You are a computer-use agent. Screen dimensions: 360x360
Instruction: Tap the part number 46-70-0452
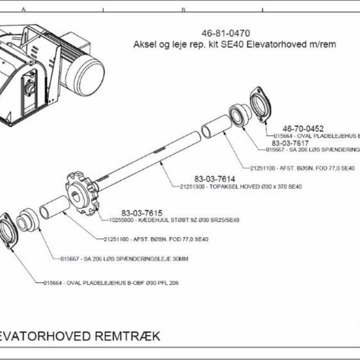click(303, 128)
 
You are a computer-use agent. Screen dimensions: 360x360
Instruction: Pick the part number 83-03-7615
click(142, 213)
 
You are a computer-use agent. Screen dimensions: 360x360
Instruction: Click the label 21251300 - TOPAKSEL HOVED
click(240, 186)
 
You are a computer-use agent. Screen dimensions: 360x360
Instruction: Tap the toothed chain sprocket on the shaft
click(82, 190)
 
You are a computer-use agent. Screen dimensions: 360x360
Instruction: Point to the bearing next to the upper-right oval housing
click(239, 115)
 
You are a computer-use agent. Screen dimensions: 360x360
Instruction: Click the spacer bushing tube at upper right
click(213, 126)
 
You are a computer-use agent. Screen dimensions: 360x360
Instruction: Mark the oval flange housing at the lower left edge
click(8, 231)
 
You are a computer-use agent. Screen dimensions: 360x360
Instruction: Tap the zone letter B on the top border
click(183, 10)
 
